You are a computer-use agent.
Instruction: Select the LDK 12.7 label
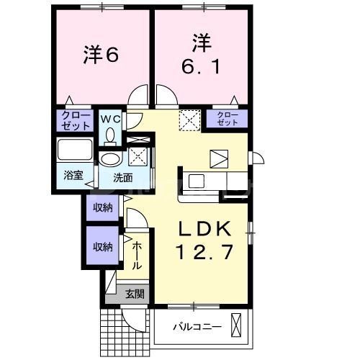coord(204,241)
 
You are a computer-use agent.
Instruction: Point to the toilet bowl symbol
coord(110,134)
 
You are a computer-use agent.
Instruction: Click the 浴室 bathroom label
coord(73,175)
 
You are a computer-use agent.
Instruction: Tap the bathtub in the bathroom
coord(75,152)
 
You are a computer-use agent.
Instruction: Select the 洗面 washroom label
coord(122,176)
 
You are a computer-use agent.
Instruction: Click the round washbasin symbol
coord(110,158)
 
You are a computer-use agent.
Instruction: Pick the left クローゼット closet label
coord(75,120)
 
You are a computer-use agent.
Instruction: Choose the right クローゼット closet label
coord(228,119)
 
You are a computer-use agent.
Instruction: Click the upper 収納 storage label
coord(102,207)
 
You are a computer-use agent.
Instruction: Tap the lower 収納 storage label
coord(102,246)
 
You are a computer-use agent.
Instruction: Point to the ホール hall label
coord(137,256)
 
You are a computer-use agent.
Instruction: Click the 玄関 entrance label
coord(134,294)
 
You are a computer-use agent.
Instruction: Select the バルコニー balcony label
coord(197,328)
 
